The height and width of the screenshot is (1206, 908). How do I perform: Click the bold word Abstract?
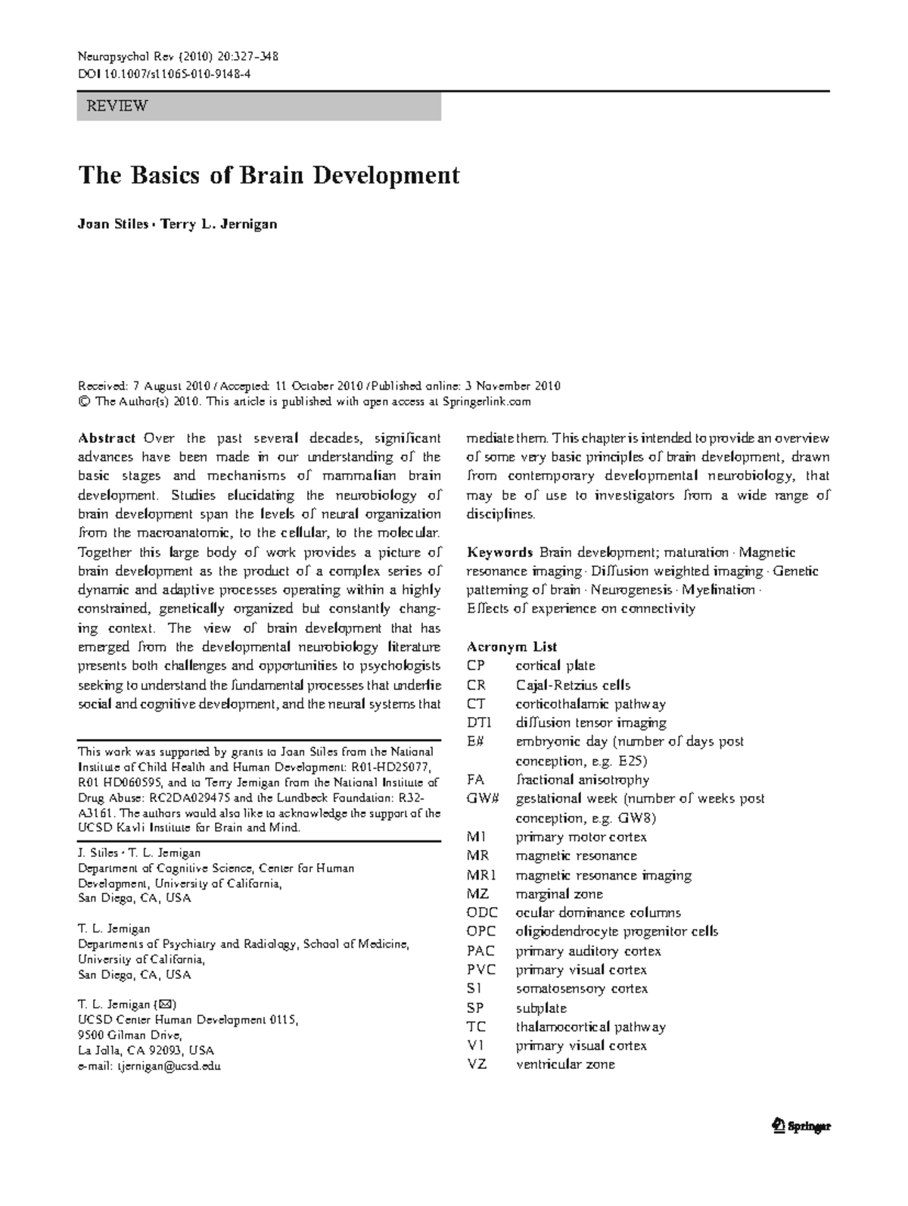point(107,438)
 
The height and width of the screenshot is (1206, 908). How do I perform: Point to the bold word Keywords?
point(500,553)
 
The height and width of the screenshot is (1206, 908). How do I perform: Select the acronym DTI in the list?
point(479,723)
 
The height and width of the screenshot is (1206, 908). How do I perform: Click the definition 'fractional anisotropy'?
point(582,780)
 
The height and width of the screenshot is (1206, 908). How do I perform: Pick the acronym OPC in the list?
point(480,932)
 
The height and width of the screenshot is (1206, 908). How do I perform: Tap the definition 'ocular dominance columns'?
point(598,913)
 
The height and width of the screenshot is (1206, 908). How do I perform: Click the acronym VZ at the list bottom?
point(477,1064)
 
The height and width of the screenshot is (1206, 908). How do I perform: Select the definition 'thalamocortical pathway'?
point(590,1027)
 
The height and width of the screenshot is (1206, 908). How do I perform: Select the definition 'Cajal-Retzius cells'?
point(573,685)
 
